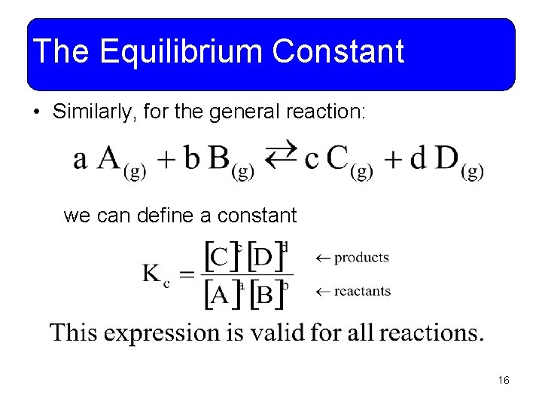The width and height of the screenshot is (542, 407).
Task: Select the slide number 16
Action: tap(504, 381)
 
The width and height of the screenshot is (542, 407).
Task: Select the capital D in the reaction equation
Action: tap(447, 159)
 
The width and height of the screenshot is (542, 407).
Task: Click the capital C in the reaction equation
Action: tap(338, 159)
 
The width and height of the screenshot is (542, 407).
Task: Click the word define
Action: tap(170, 216)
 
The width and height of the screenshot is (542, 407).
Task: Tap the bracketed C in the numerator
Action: tap(219, 258)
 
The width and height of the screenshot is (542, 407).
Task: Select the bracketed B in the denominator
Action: tap(264, 295)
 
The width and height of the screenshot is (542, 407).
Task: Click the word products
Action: tap(361, 258)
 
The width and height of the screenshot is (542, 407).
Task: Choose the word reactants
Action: tap(363, 291)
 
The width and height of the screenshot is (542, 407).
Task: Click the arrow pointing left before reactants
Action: tap(323, 291)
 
